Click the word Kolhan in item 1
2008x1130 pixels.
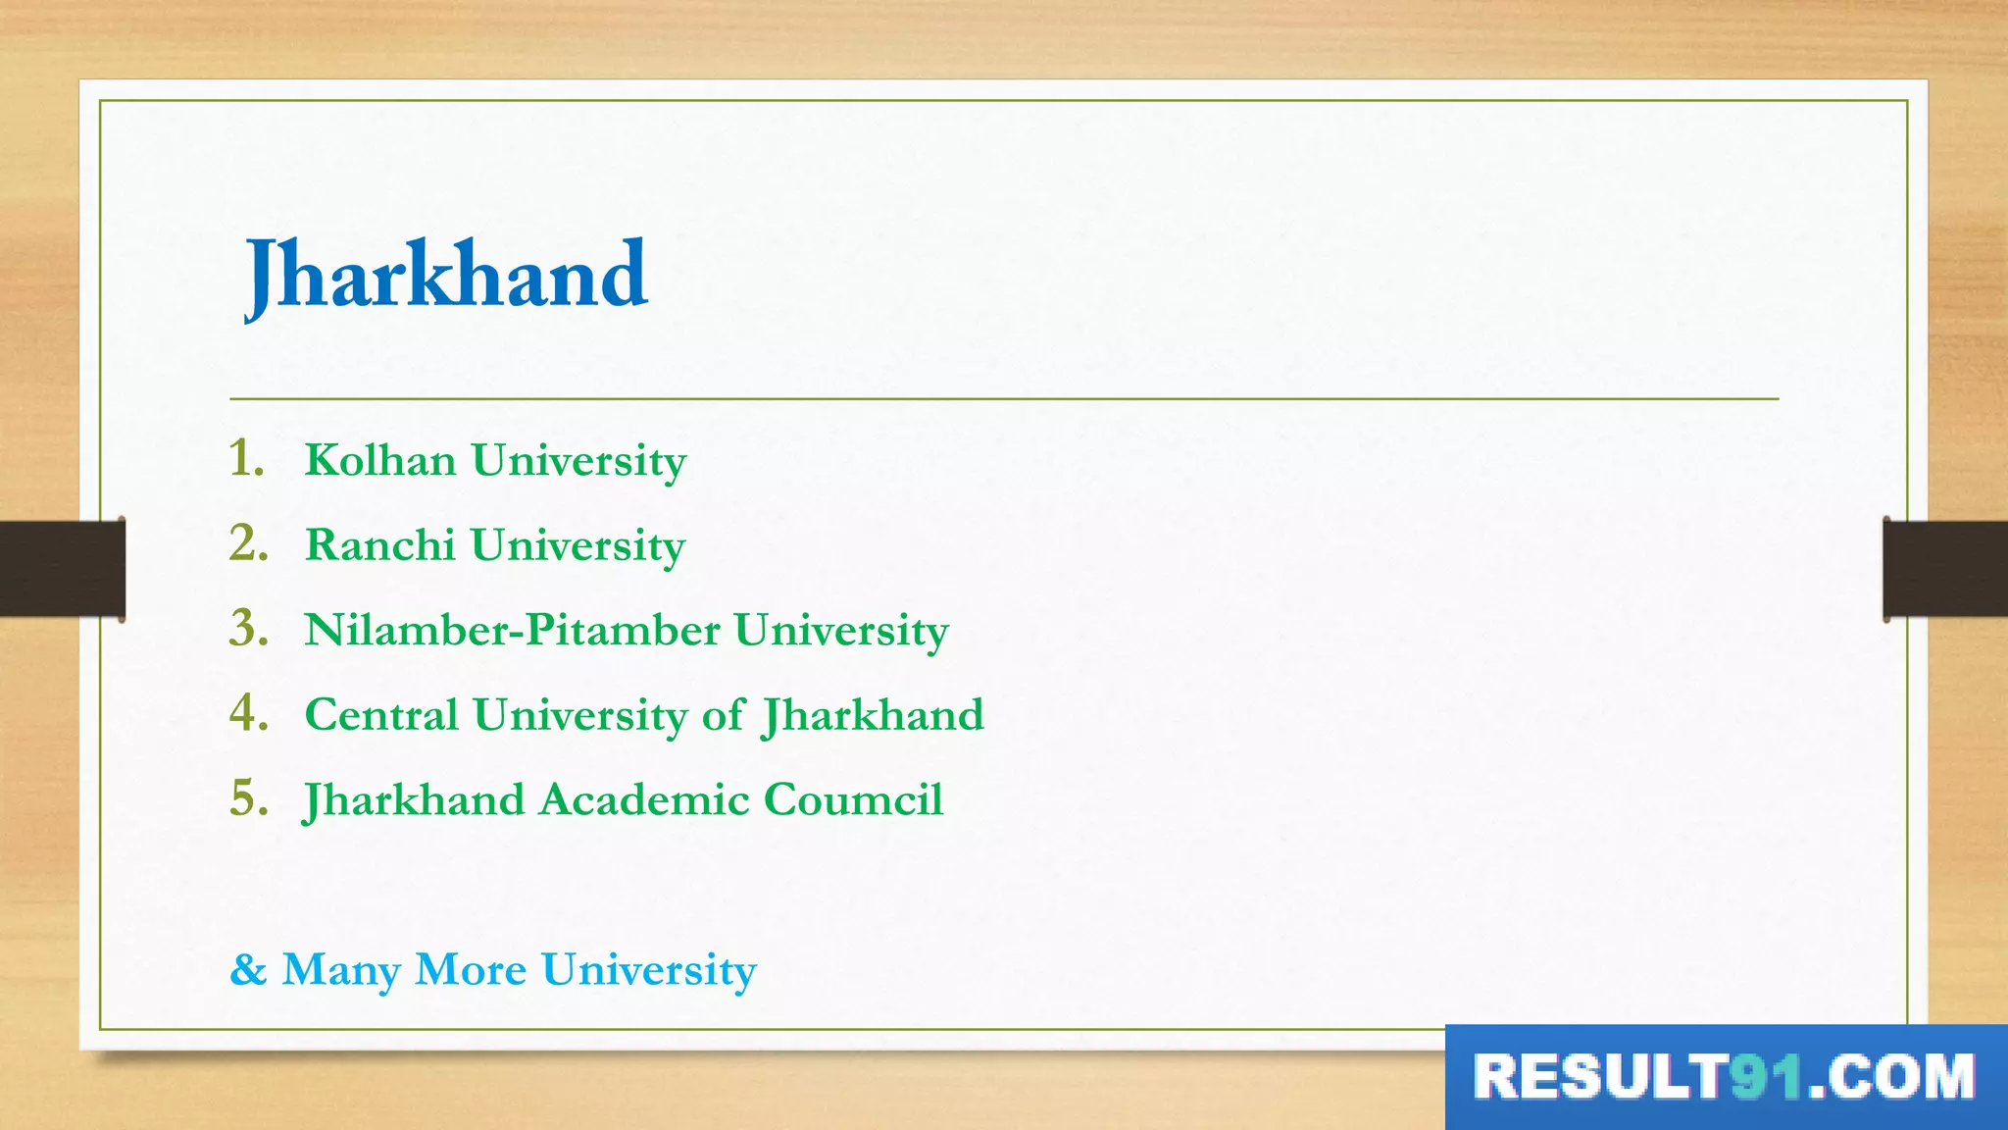click(x=380, y=460)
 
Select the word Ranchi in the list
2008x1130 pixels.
click(x=380, y=545)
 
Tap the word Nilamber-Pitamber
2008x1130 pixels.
click(x=512, y=630)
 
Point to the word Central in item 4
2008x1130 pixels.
click(x=381, y=715)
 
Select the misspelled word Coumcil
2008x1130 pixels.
click(x=853, y=799)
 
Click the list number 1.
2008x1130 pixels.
click(x=247, y=459)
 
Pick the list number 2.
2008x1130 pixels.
click(x=248, y=544)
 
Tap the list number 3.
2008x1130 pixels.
click(x=248, y=629)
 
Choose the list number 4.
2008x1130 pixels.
click(x=248, y=714)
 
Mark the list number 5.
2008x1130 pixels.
click(x=248, y=798)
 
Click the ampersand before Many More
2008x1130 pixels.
click(x=248, y=970)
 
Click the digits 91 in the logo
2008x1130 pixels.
click(x=1767, y=1077)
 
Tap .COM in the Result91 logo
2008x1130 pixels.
click(x=1891, y=1077)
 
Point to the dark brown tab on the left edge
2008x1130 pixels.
click(x=62, y=569)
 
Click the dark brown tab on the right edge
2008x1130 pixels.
click(x=1945, y=569)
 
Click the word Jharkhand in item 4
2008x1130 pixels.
click(x=873, y=715)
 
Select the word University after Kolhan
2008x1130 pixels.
click(x=578, y=460)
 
